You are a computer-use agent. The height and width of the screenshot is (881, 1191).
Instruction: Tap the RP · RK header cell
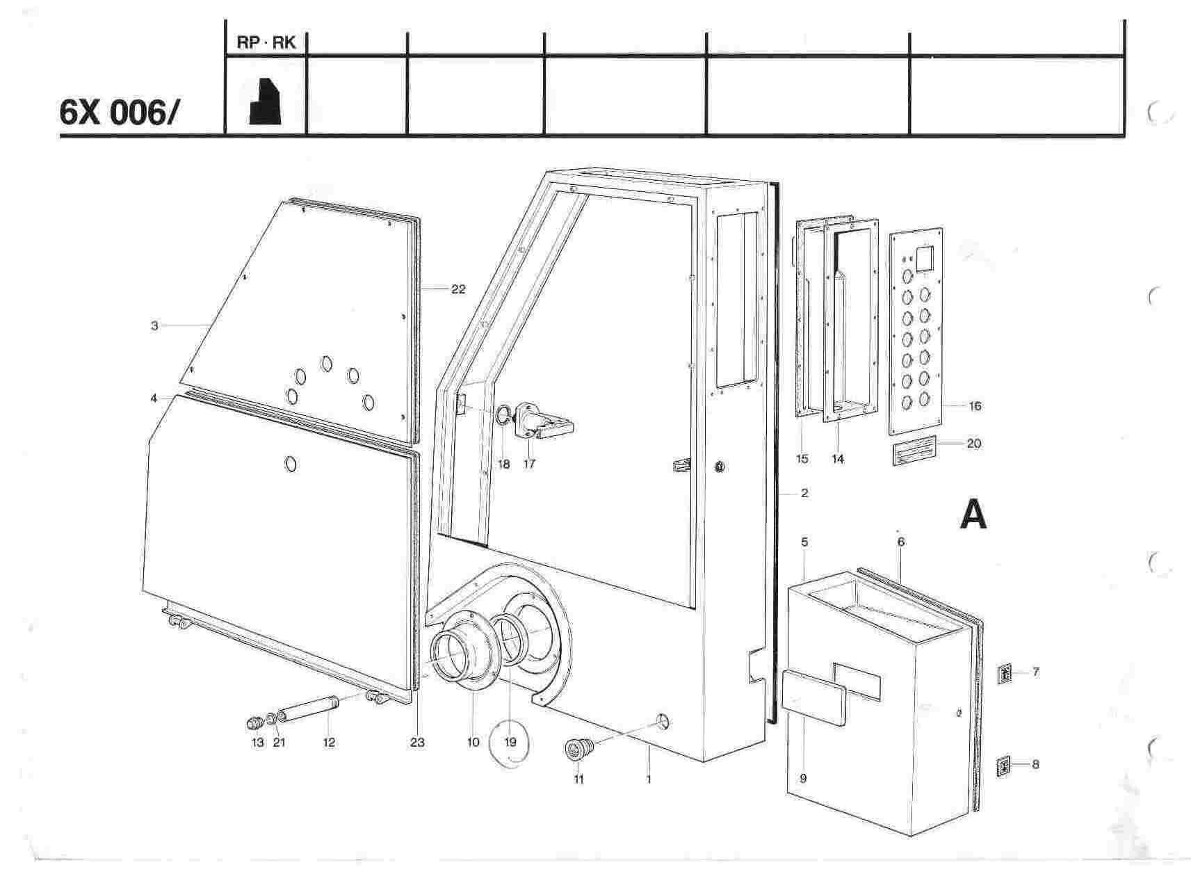tap(266, 42)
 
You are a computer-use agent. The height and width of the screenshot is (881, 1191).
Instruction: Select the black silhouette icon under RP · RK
tap(265, 101)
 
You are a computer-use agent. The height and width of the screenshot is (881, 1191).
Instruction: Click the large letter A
tap(973, 515)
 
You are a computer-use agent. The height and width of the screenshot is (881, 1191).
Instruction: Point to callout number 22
tap(457, 289)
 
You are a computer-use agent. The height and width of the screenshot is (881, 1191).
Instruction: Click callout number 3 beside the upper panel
tap(154, 325)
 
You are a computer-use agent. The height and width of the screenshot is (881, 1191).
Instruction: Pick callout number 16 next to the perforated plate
tap(975, 406)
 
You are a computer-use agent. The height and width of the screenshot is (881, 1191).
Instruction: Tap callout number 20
tap(974, 443)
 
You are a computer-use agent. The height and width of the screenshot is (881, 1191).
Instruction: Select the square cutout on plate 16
tap(925, 259)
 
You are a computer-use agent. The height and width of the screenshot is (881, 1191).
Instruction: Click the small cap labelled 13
tap(255, 722)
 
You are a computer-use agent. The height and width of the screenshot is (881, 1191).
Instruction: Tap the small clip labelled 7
tap(1004, 674)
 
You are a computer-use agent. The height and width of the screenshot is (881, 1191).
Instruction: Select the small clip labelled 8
tap(1003, 766)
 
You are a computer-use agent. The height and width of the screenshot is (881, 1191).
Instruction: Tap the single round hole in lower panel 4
tap(292, 463)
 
